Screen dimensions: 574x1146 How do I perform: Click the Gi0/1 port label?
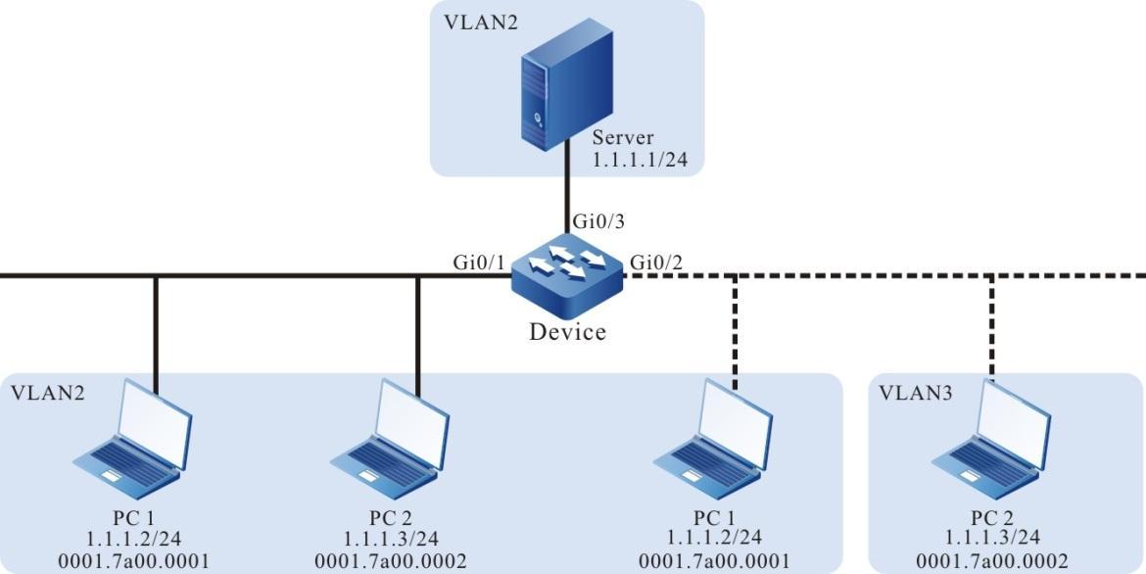coord(477,262)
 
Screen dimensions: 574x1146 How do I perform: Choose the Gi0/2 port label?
coord(656,262)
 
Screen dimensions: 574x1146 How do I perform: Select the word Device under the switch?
coord(567,332)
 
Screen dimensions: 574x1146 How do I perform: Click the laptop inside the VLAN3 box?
coord(991,436)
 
